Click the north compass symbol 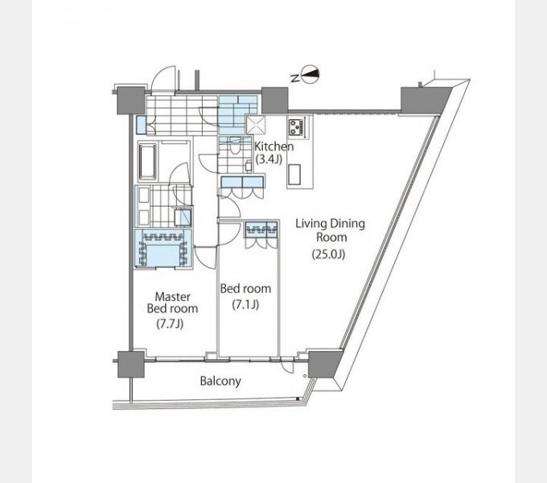310,74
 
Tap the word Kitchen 273,147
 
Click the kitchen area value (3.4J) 269,159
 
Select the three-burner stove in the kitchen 297,126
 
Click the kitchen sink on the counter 294,174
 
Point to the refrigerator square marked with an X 256,125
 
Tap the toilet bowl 235,149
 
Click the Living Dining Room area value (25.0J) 328,254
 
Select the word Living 311,223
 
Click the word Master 173,296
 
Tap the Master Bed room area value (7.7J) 170,324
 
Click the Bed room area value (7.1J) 245,304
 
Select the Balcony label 220,381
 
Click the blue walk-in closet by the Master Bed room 163,249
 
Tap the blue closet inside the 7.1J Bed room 261,229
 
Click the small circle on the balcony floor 305,376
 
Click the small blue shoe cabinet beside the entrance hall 142,125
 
